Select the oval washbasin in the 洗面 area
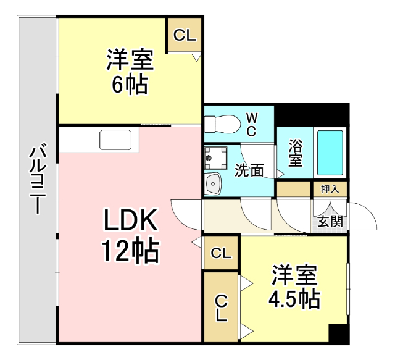214,183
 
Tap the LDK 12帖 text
130,235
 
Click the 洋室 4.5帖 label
294,287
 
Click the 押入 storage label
330,189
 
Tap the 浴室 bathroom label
296,153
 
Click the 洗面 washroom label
249,170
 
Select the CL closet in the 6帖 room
185,35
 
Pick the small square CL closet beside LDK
221,253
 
